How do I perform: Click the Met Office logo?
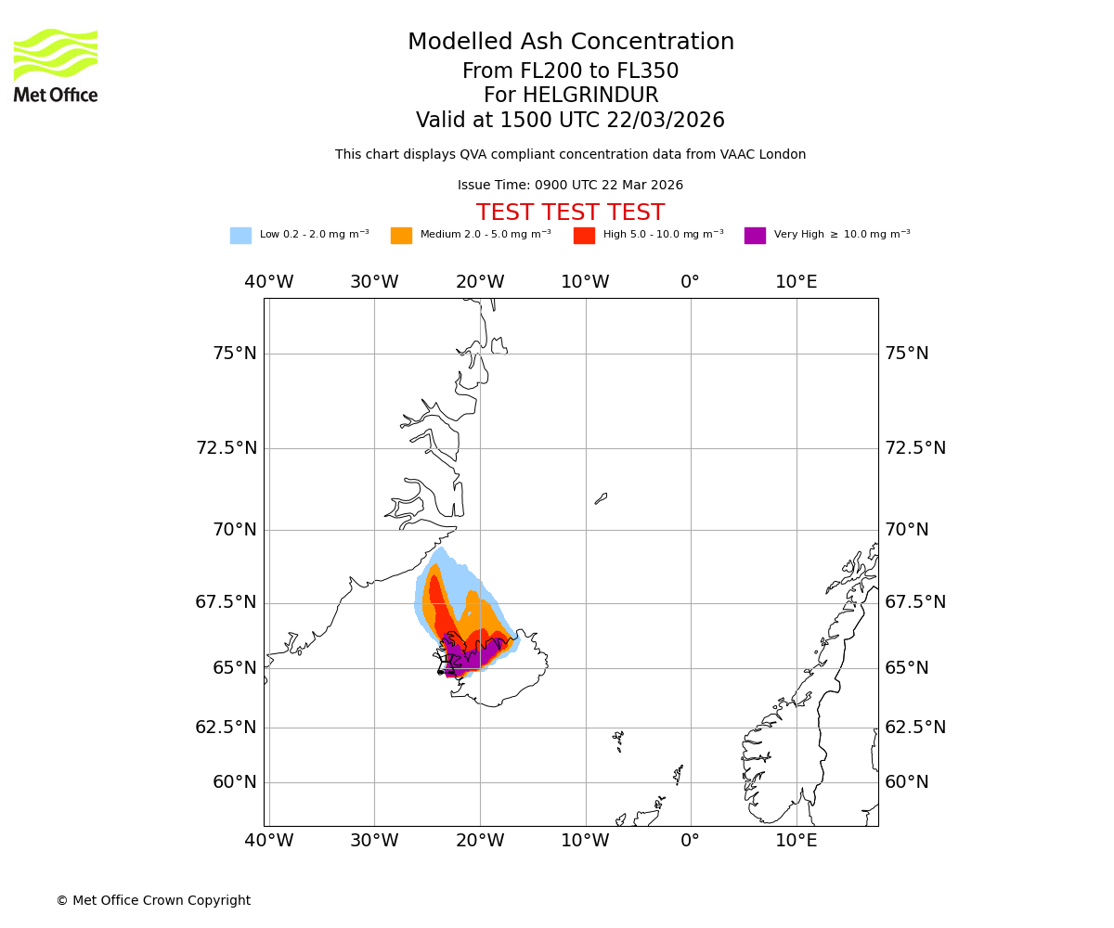point(56,65)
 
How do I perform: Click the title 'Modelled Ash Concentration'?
point(570,43)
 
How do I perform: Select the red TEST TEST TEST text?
point(570,213)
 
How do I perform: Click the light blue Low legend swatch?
point(240,236)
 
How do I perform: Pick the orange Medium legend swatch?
point(401,236)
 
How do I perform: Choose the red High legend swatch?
point(584,236)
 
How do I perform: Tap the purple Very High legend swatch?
point(755,236)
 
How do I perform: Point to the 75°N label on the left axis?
point(234,354)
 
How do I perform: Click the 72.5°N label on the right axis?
point(914,448)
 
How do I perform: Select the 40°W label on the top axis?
point(269,282)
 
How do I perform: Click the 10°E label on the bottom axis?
point(797,841)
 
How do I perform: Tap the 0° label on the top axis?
point(690,282)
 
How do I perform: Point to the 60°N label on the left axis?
point(234,782)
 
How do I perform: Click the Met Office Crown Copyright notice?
point(153,901)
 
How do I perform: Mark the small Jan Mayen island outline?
point(601,498)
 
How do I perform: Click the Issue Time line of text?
point(570,186)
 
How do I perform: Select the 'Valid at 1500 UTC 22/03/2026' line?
point(570,121)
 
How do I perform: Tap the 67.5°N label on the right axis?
point(914,602)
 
